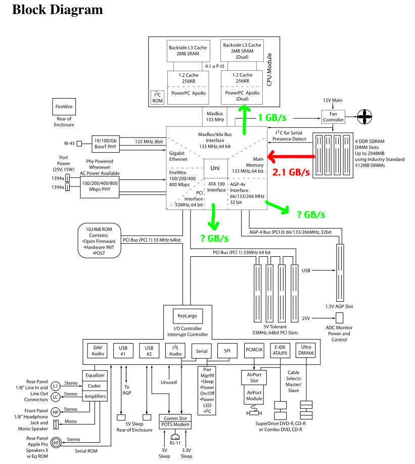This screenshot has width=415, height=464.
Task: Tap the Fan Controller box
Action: [333, 116]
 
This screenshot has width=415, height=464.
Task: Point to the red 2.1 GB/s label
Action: [291, 172]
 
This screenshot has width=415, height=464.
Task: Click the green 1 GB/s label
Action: [273, 118]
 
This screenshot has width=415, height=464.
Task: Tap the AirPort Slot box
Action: [254, 378]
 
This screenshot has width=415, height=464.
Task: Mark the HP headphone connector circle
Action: [55, 412]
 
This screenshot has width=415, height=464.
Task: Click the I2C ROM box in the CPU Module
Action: [158, 97]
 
